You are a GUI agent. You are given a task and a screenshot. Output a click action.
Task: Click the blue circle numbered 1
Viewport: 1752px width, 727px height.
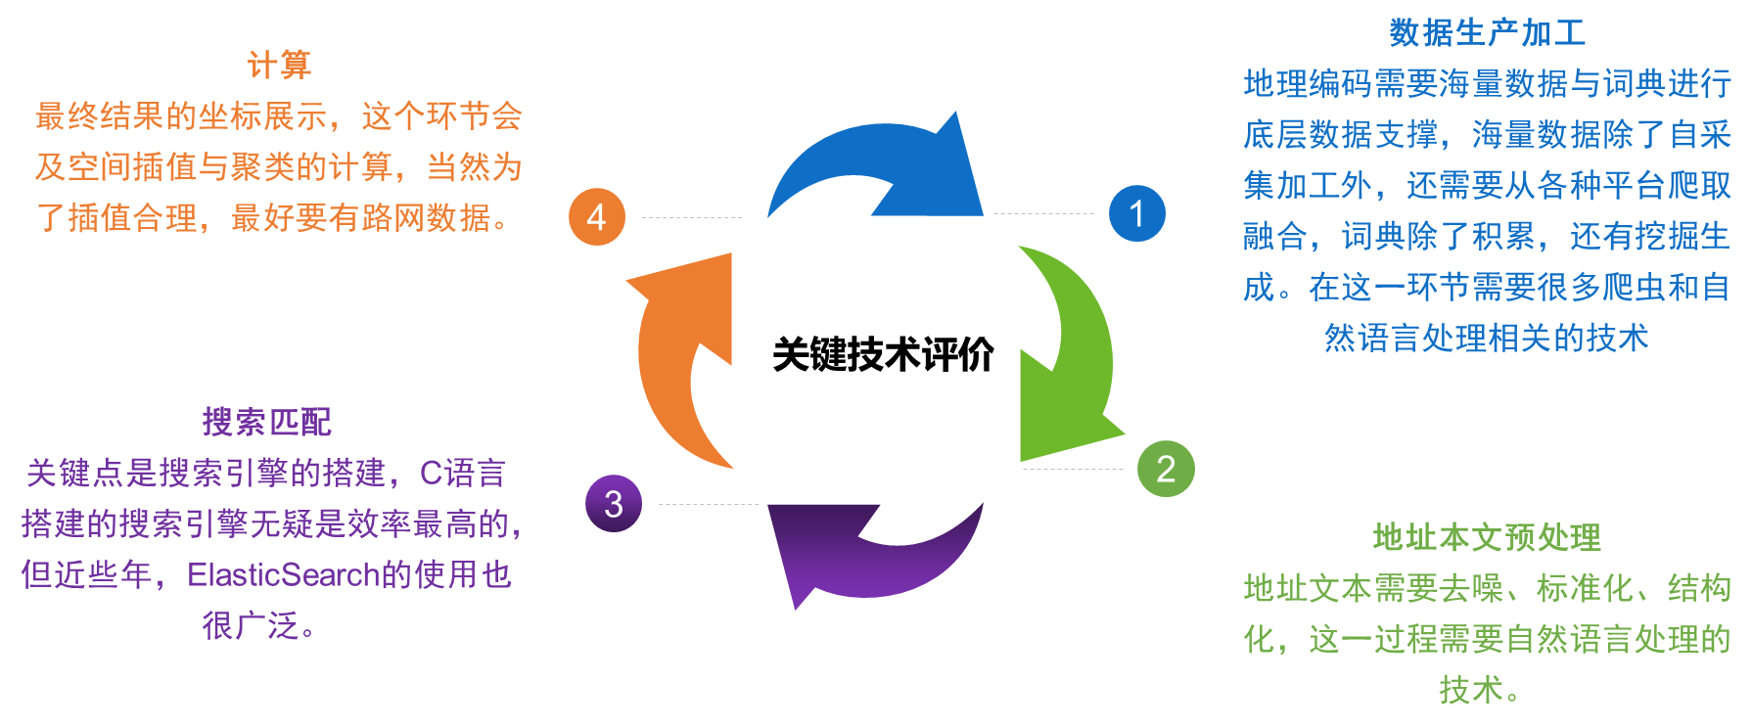pyautogui.click(x=1136, y=213)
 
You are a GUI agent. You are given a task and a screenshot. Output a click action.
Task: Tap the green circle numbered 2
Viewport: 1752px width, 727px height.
pyautogui.click(x=1166, y=469)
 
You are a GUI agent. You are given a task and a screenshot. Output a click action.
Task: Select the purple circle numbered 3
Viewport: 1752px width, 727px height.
pyautogui.click(x=614, y=504)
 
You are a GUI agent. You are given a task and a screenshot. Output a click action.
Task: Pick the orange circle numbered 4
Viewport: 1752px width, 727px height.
pyautogui.click(x=597, y=216)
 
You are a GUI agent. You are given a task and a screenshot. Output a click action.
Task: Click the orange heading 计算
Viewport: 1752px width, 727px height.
pyautogui.click(x=279, y=65)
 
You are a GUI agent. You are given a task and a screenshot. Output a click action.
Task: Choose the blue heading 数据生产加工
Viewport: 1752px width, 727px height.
pyautogui.click(x=1487, y=32)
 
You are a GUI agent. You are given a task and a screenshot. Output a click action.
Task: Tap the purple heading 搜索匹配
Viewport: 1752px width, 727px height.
pyautogui.click(x=266, y=422)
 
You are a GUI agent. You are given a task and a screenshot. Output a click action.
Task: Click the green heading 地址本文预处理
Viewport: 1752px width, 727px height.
pyautogui.click(x=1487, y=537)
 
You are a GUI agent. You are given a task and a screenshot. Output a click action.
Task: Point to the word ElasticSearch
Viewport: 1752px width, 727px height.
pyautogui.click(x=283, y=574)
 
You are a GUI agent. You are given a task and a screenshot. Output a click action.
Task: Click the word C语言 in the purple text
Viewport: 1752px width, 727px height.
pyautogui.click(x=462, y=474)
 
